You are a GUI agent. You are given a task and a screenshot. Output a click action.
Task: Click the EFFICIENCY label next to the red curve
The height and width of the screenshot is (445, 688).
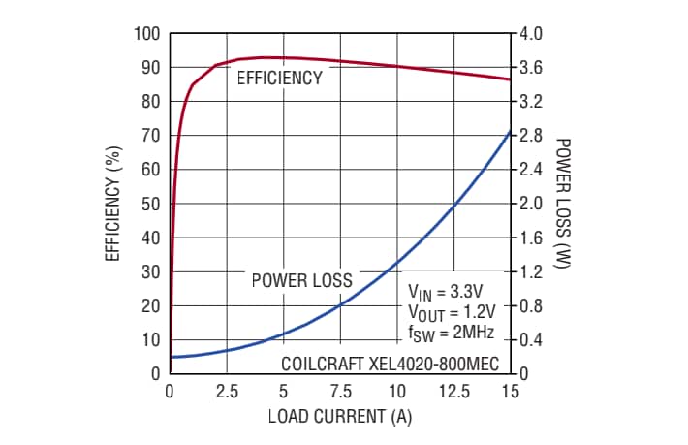279,79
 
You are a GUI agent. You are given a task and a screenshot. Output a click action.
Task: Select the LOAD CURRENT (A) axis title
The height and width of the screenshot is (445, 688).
339,418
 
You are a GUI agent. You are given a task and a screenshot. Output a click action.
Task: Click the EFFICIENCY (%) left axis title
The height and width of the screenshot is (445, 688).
113,204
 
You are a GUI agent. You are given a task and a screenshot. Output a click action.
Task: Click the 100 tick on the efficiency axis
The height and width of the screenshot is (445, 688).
146,34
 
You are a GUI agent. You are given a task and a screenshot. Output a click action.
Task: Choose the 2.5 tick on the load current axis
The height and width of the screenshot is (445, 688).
227,392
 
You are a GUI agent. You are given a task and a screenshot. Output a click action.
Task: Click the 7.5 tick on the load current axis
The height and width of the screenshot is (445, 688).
340,392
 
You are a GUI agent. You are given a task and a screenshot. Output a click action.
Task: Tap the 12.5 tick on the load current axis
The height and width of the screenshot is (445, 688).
453,392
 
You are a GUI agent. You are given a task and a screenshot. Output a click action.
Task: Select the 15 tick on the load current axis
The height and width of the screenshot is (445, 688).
510,392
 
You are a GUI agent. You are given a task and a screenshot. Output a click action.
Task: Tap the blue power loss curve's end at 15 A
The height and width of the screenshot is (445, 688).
510,131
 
